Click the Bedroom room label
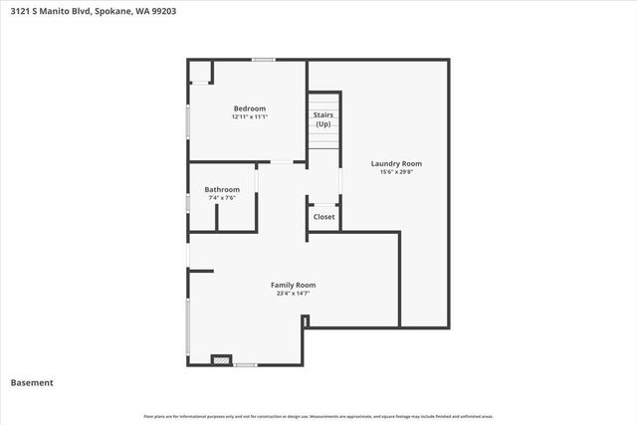click(250, 108)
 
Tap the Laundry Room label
click(396, 163)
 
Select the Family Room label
click(293, 285)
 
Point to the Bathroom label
click(222, 189)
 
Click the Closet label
click(324, 217)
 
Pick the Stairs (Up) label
click(322, 119)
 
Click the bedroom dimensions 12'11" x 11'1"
click(250, 117)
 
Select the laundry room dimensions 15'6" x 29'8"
click(396, 172)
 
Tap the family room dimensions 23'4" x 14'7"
click(293, 294)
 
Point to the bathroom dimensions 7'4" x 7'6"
click(222, 198)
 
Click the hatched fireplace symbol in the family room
click(221, 360)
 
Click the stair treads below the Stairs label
click(322, 140)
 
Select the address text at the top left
click(94, 12)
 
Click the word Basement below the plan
click(32, 383)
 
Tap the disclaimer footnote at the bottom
click(318, 416)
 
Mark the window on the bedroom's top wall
click(263, 60)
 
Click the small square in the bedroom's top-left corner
click(200, 72)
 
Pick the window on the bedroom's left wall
click(189, 124)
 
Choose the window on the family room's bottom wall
click(245, 364)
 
